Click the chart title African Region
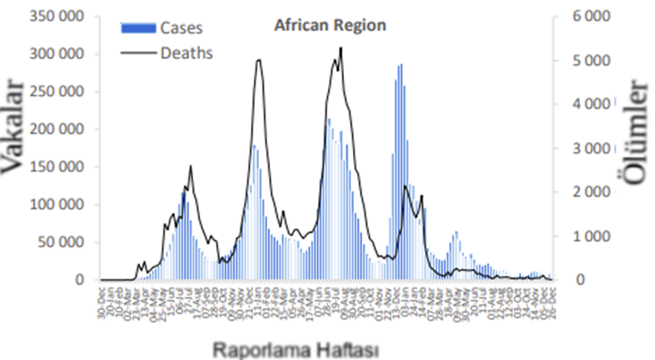tap(329, 25)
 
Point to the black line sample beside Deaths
tap(138, 53)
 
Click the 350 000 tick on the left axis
tap(57, 16)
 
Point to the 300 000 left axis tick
tap(57, 54)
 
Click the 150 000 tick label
tap(57, 167)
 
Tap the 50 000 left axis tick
tap(61, 242)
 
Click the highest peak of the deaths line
tap(341, 47)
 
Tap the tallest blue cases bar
tap(401, 64)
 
